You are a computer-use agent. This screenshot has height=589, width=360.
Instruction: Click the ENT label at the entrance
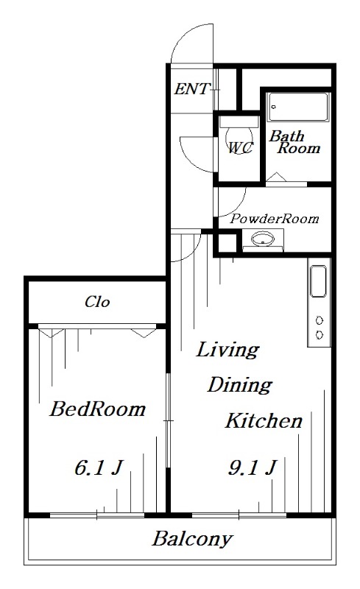pyautogui.click(x=191, y=89)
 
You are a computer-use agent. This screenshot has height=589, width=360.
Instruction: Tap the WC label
pyautogui.click(x=241, y=148)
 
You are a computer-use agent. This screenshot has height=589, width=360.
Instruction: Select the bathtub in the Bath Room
pyautogui.click(x=298, y=107)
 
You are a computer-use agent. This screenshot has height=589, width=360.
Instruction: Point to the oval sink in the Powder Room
pyautogui.click(x=262, y=239)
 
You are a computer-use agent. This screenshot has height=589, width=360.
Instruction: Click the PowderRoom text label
pyautogui.click(x=275, y=218)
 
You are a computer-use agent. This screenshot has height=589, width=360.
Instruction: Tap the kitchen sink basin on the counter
pyautogui.click(x=318, y=281)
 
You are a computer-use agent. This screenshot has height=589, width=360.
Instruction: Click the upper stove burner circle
pyautogui.click(x=320, y=320)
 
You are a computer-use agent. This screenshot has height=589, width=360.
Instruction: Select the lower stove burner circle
pyautogui.click(x=320, y=334)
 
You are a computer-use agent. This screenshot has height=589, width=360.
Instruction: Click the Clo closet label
pyautogui.click(x=97, y=302)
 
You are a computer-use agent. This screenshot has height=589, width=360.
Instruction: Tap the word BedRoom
pyautogui.click(x=97, y=409)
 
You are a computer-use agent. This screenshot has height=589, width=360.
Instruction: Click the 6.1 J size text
pyautogui.click(x=99, y=468)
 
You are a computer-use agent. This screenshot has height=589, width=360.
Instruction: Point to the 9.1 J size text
pyautogui.click(x=253, y=468)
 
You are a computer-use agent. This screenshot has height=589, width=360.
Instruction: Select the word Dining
pyautogui.click(x=240, y=385)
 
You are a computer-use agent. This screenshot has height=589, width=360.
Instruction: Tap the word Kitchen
pyautogui.click(x=264, y=420)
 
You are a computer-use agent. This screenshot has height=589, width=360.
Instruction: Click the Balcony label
pyautogui.click(x=192, y=540)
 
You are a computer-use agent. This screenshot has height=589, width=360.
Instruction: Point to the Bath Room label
pyautogui.click(x=294, y=142)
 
